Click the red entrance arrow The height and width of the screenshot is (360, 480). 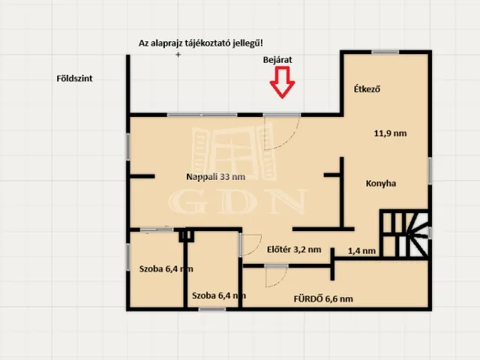282,82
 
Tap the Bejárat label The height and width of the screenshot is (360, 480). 277,60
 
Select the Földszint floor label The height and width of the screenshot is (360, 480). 74,78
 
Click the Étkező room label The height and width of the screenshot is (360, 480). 367,89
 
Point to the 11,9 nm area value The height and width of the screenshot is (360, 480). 390,133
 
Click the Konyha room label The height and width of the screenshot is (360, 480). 381,183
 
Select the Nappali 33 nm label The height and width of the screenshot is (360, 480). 216,177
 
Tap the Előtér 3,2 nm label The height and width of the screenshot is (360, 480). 294,250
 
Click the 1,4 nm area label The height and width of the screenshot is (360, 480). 361,251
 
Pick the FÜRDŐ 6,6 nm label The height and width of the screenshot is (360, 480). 323,298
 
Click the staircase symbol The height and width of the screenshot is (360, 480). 404,234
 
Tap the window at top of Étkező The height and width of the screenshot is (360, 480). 385,52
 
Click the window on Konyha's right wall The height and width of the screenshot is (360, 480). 430,170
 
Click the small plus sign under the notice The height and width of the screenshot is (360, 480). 178,55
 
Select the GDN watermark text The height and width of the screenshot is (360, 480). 238,201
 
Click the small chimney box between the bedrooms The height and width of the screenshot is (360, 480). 187,235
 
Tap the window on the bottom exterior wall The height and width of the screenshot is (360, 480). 212,309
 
